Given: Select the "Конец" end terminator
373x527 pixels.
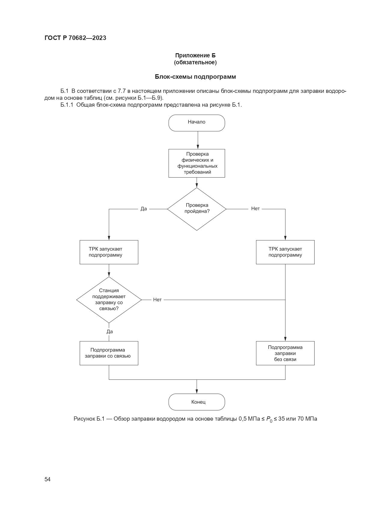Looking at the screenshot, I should [197, 402].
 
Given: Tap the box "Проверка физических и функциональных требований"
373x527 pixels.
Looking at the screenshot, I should [197, 163].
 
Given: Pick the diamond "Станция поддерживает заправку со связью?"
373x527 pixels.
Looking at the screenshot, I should [109, 300].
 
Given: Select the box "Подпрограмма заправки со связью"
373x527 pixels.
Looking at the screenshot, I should [109, 353].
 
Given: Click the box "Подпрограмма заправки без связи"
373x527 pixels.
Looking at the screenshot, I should [285, 353].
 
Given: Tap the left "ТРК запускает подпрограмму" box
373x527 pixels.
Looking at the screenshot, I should [109, 252].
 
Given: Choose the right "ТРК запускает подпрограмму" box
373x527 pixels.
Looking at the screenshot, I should [285, 252].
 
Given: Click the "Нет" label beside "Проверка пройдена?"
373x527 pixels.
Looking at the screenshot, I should [255, 209].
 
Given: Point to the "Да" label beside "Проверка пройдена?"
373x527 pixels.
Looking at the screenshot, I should [144, 209].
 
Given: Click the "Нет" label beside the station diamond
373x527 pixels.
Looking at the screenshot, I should [157, 300].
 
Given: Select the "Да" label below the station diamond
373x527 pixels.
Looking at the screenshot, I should [110, 331].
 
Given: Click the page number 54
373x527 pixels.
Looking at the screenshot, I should [47, 479].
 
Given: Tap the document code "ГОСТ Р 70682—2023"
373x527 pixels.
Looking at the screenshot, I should [75, 38].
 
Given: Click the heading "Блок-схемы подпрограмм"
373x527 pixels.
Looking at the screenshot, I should [195, 77].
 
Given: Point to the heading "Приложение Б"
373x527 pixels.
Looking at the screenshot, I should [195, 55].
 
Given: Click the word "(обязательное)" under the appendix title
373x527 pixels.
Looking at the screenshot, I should [195, 62].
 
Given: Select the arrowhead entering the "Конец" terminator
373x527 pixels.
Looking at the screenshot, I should [197, 391].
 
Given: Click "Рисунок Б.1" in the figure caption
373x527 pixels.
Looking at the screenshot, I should [89, 419].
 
